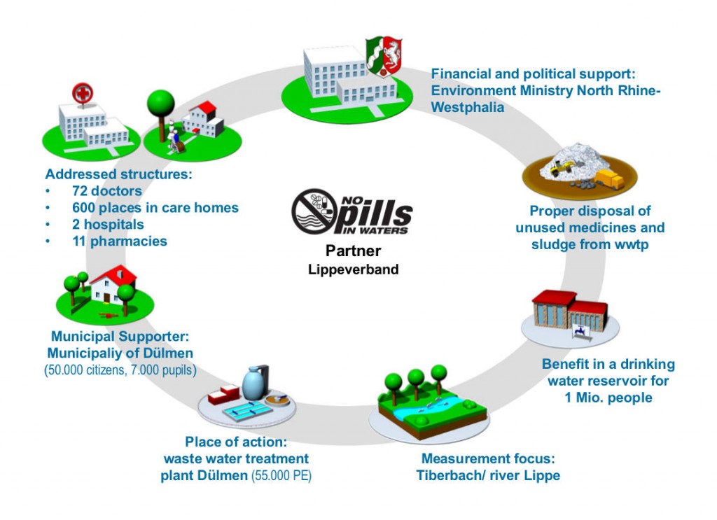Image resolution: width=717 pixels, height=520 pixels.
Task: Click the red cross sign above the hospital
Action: [82, 92]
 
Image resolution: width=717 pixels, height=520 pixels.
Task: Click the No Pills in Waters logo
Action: [352, 211]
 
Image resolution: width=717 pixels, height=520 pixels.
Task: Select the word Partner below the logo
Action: [352, 251]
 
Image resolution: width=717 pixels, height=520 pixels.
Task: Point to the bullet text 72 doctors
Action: [106, 191]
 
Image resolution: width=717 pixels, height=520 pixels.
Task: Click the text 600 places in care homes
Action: [155, 208]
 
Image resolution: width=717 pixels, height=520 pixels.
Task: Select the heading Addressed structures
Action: [118, 174]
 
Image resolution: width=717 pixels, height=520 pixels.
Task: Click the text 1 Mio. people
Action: [608, 398]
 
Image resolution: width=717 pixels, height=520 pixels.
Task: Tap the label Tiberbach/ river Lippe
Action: [488, 476]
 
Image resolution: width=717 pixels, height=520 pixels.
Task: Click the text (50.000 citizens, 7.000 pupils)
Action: [120, 369]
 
